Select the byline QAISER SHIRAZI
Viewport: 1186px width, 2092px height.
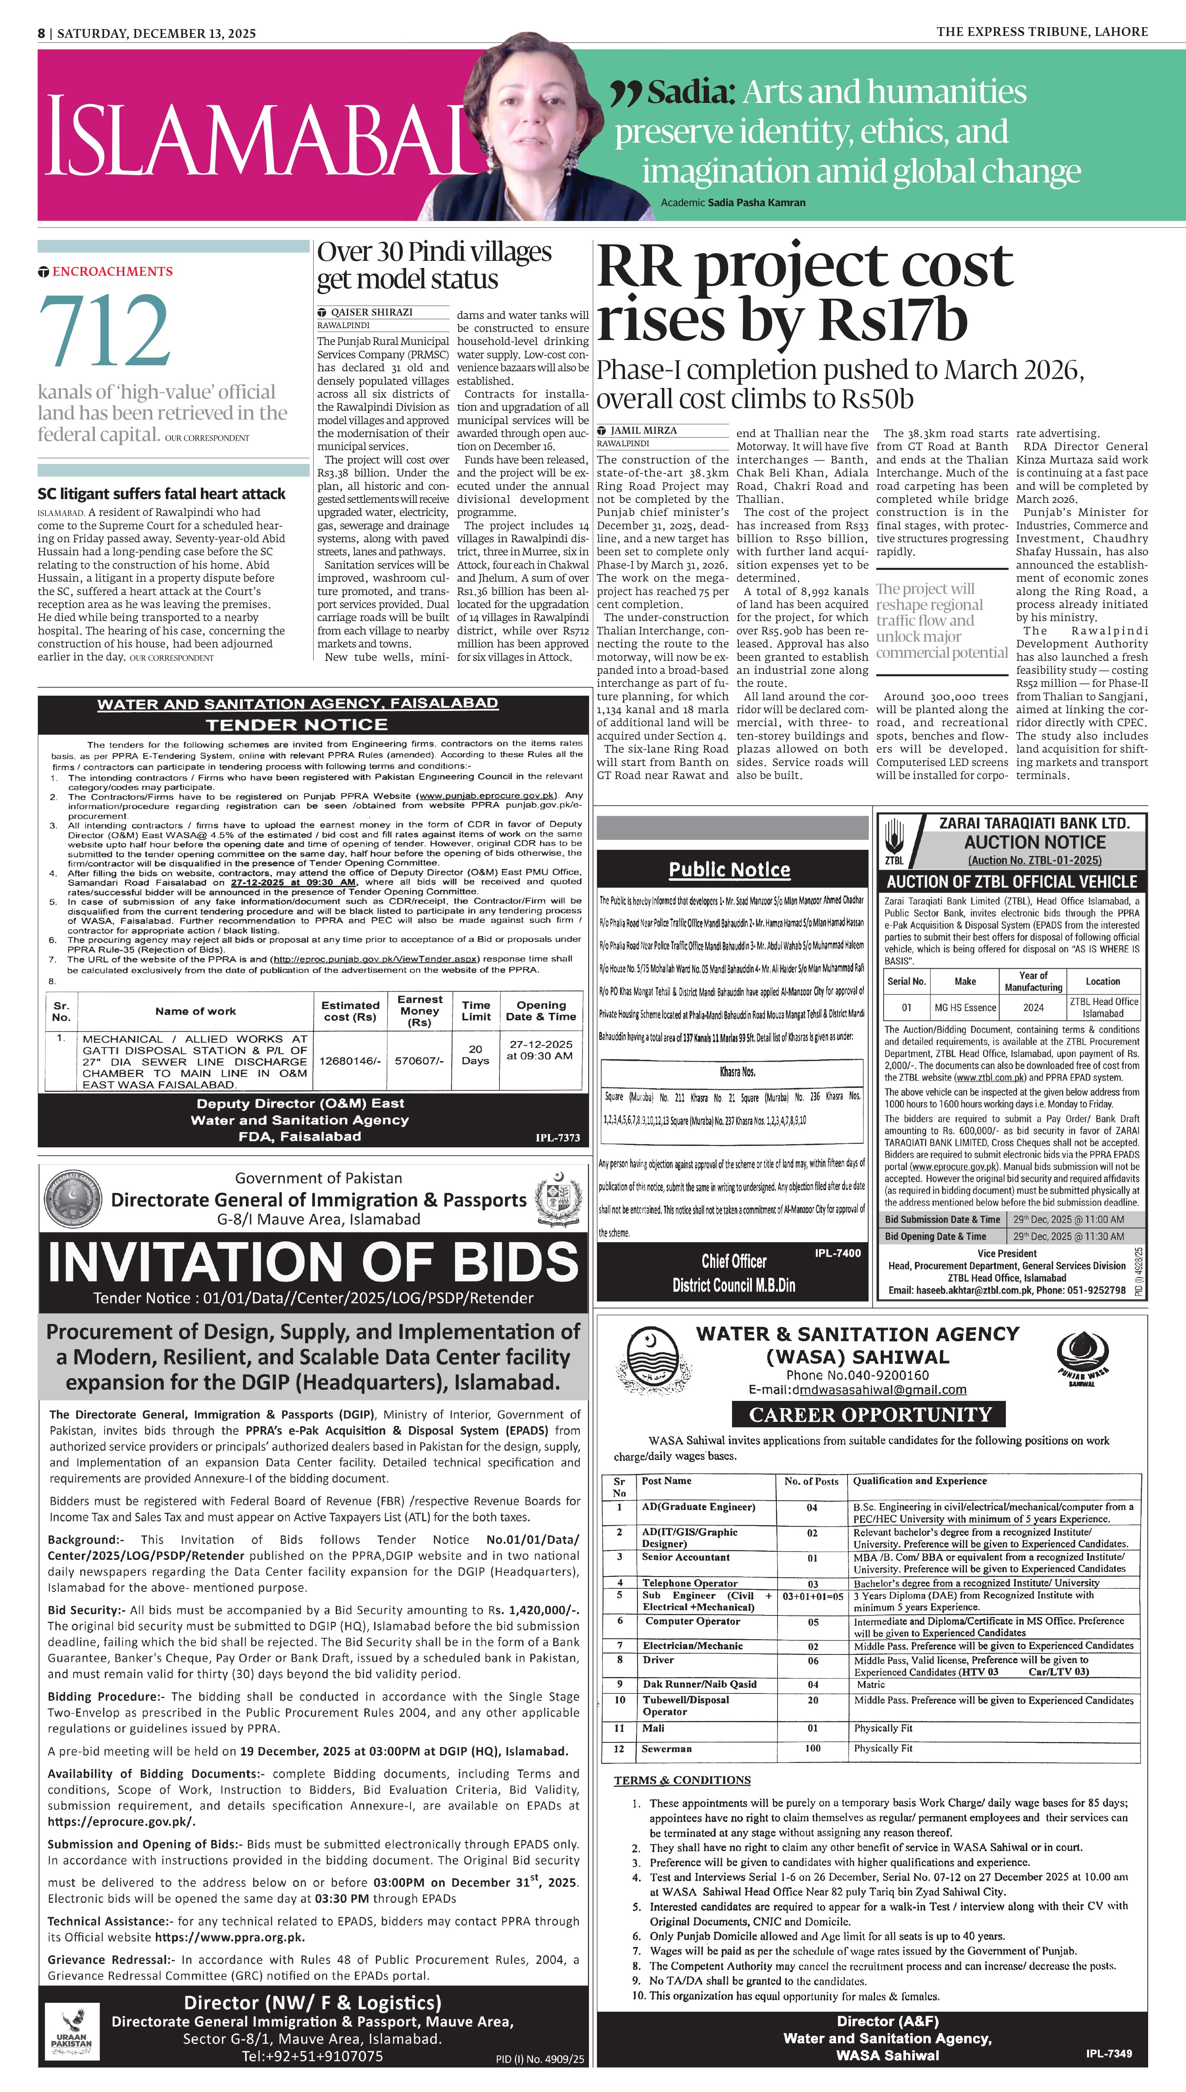pos(371,312)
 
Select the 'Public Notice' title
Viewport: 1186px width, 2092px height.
pos(729,870)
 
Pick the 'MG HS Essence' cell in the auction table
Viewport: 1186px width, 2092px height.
pos(965,1007)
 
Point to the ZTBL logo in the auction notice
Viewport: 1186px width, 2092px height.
pos(895,841)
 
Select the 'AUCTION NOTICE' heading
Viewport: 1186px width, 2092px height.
pos(1035,842)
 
